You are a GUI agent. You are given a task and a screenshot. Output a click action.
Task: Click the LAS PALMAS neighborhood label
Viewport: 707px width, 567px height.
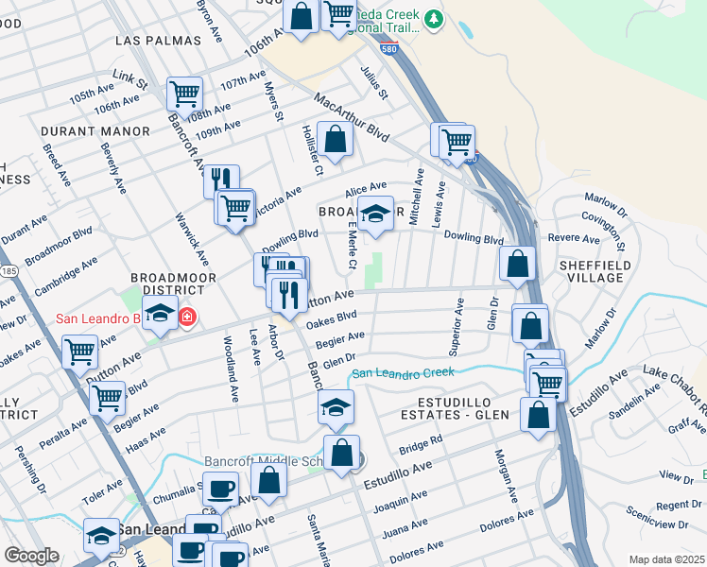tap(158, 41)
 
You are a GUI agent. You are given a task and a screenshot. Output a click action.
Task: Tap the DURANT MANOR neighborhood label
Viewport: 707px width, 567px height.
tap(95, 130)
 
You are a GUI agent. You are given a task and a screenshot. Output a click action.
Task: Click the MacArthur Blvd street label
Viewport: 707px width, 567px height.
tap(352, 114)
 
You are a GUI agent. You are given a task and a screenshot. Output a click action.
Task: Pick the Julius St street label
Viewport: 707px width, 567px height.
tap(375, 82)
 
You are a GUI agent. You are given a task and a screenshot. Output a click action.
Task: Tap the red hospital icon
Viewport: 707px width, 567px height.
tap(187, 318)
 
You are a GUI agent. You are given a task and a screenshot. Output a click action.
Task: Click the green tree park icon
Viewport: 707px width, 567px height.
tap(434, 19)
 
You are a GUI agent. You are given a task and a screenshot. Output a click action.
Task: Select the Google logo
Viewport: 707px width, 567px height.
tap(31, 556)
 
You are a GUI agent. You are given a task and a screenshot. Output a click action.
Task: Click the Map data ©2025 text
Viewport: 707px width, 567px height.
tap(666, 559)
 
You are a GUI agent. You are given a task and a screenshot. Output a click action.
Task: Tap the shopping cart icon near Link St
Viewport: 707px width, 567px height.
tap(184, 94)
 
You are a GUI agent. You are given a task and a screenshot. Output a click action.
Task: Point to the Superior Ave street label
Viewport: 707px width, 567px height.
tap(457, 326)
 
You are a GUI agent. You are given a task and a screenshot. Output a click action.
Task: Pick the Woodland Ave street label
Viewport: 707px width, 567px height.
tap(230, 355)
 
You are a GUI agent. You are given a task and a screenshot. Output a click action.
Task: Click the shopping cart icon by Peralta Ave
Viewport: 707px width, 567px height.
tap(108, 397)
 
